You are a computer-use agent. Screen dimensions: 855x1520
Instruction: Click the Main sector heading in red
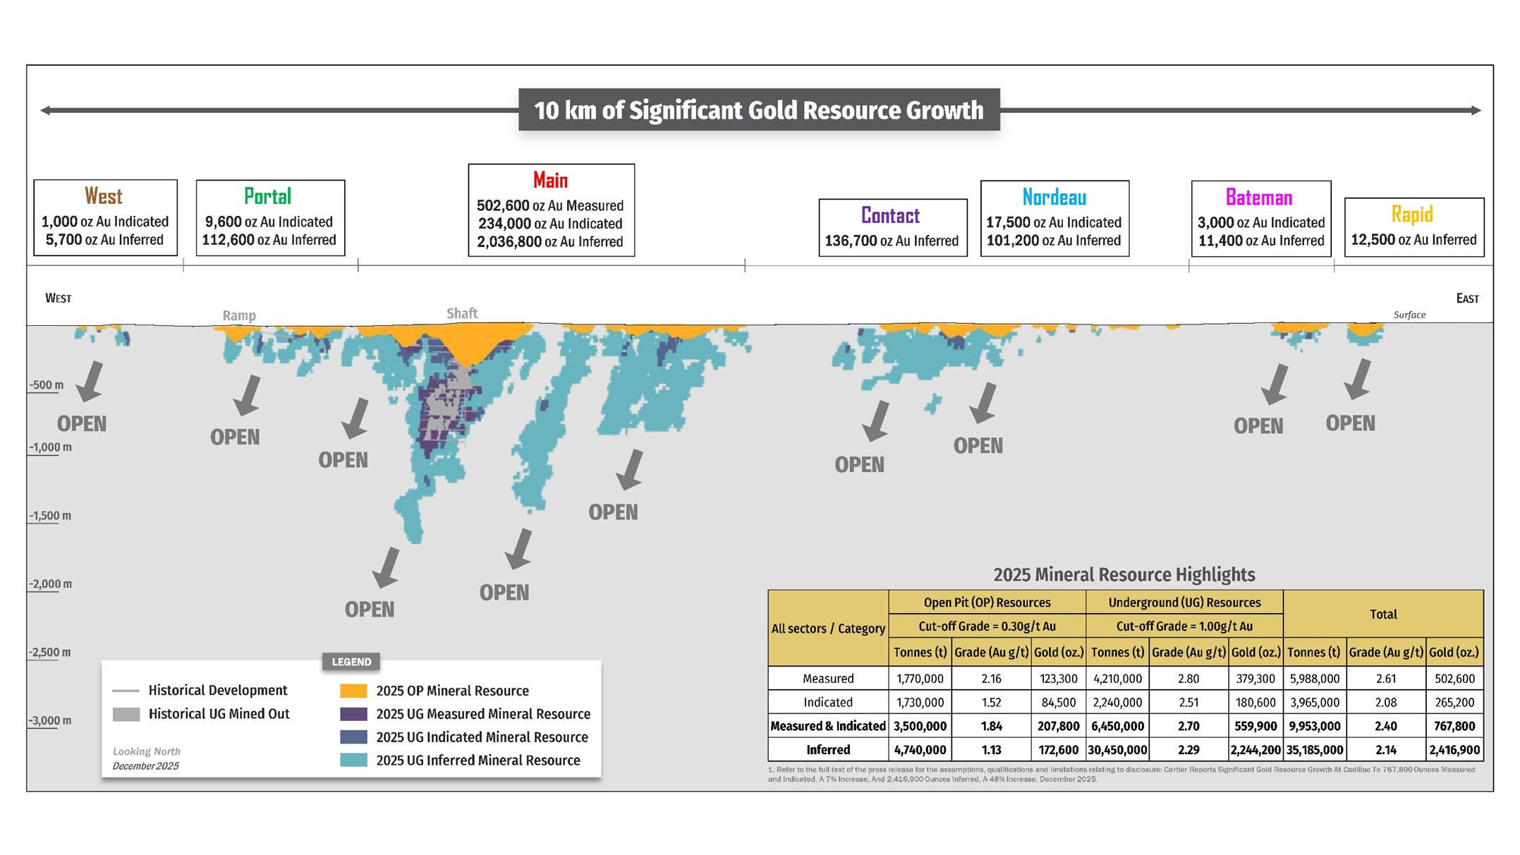pos(550,181)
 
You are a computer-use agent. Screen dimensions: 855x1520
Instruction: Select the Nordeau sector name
pos(1054,198)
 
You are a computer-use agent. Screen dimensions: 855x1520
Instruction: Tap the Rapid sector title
pos(1411,214)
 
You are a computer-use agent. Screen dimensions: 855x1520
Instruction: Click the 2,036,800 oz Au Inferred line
pos(549,242)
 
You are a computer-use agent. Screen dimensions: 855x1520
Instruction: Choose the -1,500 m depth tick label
pos(50,516)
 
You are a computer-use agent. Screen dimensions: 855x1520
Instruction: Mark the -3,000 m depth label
pos(50,720)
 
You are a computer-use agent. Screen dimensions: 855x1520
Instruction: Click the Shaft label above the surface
pos(462,313)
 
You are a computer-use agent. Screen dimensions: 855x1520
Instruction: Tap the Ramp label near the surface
pos(239,315)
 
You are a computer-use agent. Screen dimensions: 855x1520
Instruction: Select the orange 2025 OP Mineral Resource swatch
pos(353,691)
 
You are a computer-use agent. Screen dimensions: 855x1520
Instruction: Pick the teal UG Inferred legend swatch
pos(353,760)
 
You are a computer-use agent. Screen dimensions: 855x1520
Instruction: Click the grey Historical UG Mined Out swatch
pos(126,714)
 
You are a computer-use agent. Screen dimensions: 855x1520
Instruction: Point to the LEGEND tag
pos(351,662)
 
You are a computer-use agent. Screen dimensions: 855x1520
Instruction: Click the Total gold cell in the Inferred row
pos(1454,750)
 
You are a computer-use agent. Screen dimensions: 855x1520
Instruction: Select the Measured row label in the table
pos(828,679)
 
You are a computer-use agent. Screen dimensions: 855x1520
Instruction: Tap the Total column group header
pos(1382,614)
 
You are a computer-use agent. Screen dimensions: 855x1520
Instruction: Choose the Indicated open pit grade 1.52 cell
pos(990,703)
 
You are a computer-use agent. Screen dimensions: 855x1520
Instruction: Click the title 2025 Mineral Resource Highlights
pos(1124,575)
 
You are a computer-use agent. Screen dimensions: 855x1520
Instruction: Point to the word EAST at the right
pos(1467,298)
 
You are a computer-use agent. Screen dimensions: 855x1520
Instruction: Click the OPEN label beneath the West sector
pos(82,424)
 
